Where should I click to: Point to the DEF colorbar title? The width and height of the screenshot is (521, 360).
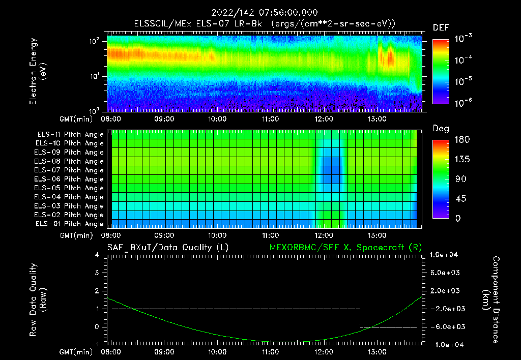(x=440, y=27)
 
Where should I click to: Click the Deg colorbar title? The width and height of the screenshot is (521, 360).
(x=441, y=129)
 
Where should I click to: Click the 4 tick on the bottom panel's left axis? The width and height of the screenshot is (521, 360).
(x=97, y=255)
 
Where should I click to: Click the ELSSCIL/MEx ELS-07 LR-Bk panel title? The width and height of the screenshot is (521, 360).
(x=264, y=24)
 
